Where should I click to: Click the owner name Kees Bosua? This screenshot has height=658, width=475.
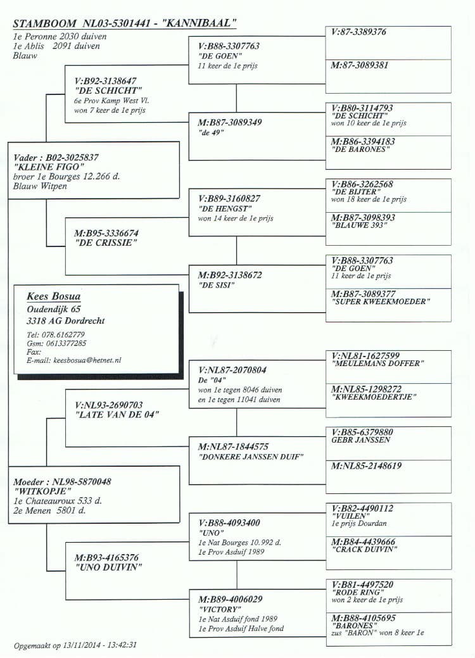pos(54,296)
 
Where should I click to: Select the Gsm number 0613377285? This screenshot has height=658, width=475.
pos(65,343)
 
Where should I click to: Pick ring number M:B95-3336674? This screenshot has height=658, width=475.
pos(105,234)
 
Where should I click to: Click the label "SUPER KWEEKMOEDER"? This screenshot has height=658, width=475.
pos(380,301)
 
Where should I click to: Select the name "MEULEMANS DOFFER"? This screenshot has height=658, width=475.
pos(377,364)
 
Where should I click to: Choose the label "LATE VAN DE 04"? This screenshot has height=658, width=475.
pos(117,415)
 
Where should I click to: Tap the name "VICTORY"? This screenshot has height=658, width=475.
pos(217,609)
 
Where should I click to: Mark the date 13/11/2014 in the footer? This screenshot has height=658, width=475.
pos(82,645)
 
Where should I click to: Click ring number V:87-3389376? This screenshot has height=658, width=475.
pos(358,32)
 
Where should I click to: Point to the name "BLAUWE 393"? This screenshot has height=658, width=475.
pos(358,225)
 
